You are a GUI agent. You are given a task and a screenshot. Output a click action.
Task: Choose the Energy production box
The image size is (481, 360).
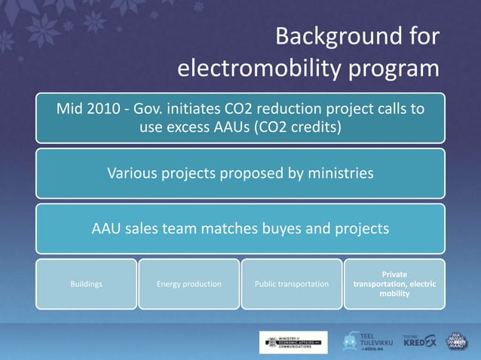coord(188,284)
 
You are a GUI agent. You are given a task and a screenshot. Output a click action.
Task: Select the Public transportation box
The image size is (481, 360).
coord(292,284)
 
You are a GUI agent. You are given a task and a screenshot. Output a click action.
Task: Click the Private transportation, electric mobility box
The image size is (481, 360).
coord(394,284)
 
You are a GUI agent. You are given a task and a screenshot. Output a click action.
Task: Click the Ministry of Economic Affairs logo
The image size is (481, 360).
coord(293,341)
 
